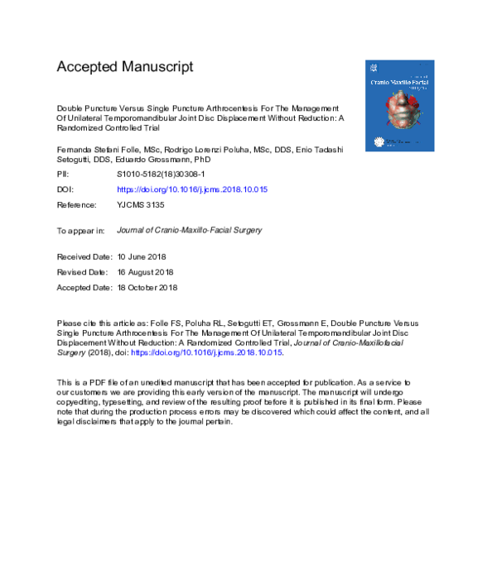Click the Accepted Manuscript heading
tap(124, 66)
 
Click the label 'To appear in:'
tap(81, 231)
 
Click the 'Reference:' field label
tap(77, 204)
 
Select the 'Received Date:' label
tap(83, 258)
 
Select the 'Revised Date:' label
tap(82, 272)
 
